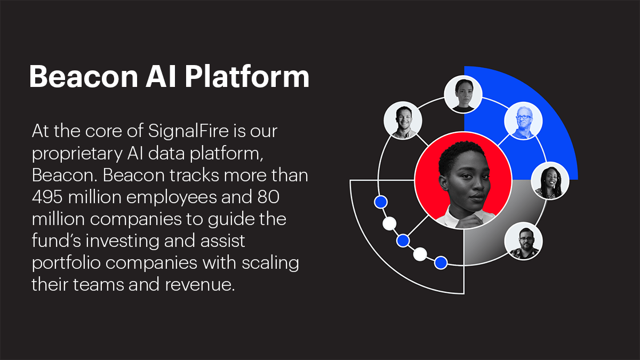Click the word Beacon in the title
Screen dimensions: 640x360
click(x=83, y=77)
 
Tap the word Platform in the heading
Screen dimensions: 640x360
click(x=247, y=77)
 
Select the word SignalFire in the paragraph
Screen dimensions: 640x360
click(x=189, y=131)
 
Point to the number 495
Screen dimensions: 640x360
click(x=47, y=197)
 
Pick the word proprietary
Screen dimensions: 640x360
click(x=77, y=154)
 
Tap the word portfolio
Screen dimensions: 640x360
click(x=66, y=262)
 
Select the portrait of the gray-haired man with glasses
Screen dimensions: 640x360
click(x=523, y=121)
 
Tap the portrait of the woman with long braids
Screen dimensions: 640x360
click(x=550, y=181)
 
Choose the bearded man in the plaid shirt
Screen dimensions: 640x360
click(x=523, y=241)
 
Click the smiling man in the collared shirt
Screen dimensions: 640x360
click(x=403, y=121)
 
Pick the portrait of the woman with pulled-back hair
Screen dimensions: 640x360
click(x=463, y=94)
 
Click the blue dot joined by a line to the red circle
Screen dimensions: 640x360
click(x=403, y=241)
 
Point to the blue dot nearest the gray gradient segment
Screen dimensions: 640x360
click(x=441, y=262)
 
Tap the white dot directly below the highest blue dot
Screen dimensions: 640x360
click(x=389, y=223)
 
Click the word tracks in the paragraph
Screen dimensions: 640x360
click(x=194, y=175)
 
